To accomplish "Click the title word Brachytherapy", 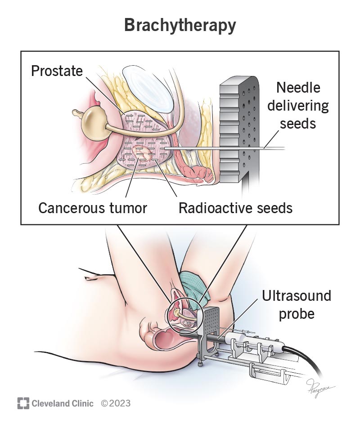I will point(180,26).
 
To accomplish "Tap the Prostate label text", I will point(57,71).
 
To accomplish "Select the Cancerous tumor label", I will point(93,208).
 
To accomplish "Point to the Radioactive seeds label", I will point(235,208).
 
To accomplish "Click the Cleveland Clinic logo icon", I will point(23,403).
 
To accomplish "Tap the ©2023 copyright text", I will point(116,403).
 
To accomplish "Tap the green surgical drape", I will point(194,288).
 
